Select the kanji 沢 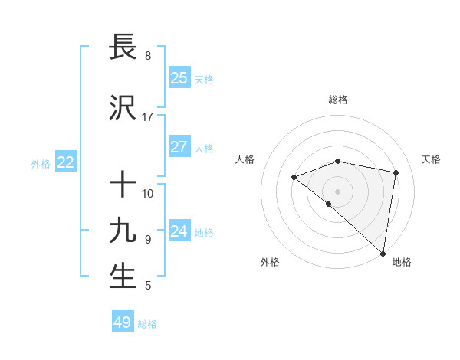[x=123, y=108]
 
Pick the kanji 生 [x=123, y=277]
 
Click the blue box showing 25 [x=179, y=78]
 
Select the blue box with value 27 [x=179, y=147]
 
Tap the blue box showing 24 [x=179, y=231]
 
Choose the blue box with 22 [x=66, y=162]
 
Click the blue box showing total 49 [x=123, y=322]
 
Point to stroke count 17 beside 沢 [x=148, y=117]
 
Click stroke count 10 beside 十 [x=148, y=194]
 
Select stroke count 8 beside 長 [x=148, y=56]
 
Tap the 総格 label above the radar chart [x=338, y=100]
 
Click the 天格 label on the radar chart [x=431, y=159]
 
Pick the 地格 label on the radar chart [x=402, y=263]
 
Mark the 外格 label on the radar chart [x=270, y=263]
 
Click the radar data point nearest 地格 [x=383, y=253]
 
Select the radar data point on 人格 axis [x=294, y=178]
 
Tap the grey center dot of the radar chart [x=338, y=191]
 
